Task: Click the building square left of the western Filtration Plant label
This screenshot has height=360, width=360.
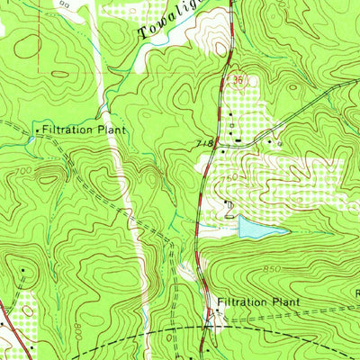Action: pos(37,131)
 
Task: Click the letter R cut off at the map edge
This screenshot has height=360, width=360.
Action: pos(356,292)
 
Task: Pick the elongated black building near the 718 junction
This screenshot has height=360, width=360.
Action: pos(237,140)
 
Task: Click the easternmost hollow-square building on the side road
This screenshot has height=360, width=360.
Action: pos(279,142)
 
